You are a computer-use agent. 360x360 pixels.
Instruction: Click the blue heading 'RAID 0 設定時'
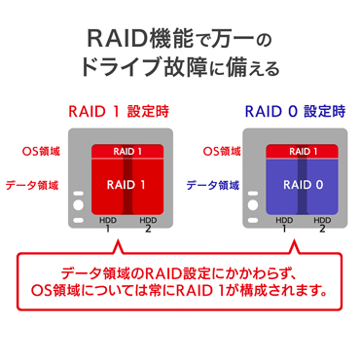pyautogui.click(x=293, y=112)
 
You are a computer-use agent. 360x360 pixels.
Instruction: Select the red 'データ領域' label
pyautogui.click(x=35, y=183)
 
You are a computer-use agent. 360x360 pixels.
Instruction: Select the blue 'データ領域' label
pyautogui.click(x=215, y=183)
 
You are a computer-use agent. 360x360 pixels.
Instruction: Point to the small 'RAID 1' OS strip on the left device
pyautogui.click(x=127, y=151)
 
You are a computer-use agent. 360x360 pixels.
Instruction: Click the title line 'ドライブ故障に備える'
pyautogui.click(x=180, y=69)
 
